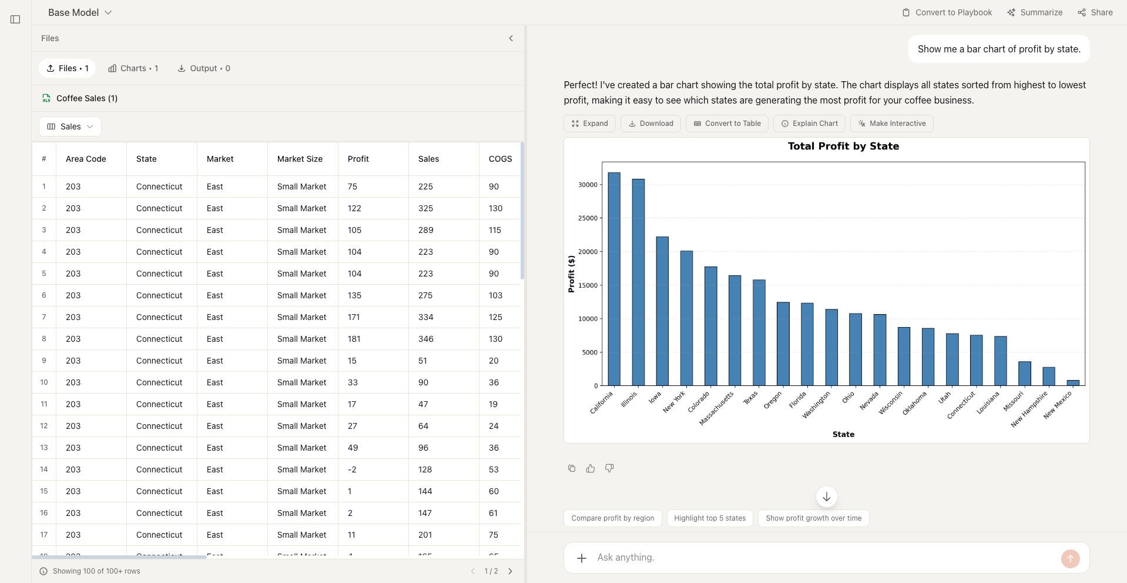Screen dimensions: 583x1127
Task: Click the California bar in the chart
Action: coord(613,279)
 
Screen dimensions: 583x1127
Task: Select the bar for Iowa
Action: coord(662,311)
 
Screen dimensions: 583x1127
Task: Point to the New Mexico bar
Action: coord(1073,383)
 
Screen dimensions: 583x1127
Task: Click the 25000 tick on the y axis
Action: coord(588,218)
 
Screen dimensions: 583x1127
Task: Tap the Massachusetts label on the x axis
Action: coord(717,408)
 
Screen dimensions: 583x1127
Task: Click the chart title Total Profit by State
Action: coord(843,146)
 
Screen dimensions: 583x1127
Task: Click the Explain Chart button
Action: coord(809,124)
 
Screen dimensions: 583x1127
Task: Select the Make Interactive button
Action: coord(891,124)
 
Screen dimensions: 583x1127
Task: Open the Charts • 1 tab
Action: coord(133,68)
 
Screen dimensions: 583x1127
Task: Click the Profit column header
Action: coord(358,159)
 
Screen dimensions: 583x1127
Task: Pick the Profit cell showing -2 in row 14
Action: coord(352,469)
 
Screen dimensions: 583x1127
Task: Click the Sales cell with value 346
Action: coord(426,339)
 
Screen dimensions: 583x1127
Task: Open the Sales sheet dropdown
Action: coord(70,126)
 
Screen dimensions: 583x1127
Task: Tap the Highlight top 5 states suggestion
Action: coord(709,518)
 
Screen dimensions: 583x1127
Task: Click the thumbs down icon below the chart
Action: coord(609,468)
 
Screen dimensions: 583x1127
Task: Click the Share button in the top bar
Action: coord(1095,12)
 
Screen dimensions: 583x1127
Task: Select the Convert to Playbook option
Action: coord(947,12)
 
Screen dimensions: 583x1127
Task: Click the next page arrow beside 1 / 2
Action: coord(510,571)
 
